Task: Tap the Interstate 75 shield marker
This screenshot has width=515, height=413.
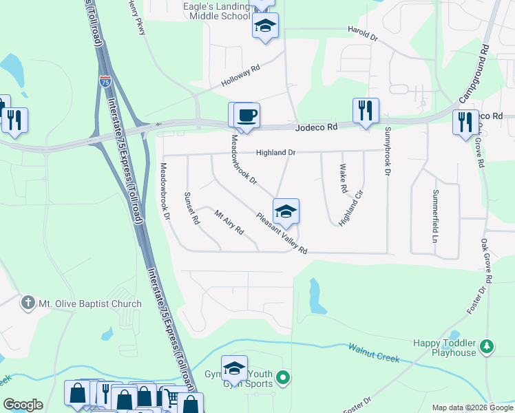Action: click(x=105, y=81)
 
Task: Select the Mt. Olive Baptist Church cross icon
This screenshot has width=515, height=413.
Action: click(x=28, y=303)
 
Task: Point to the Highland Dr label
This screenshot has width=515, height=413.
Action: click(x=275, y=153)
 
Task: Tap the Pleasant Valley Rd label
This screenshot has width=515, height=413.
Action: click(x=281, y=233)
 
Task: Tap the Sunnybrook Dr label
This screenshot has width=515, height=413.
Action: click(x=388, y=152)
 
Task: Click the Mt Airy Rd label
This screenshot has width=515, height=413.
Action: click(x=229, y=222)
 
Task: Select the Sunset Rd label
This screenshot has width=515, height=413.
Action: click(x=191, y=209)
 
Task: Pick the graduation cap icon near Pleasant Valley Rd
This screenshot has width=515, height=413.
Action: click(x=286, y=211)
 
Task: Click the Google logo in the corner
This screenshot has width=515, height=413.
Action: click(x=23, y=405)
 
